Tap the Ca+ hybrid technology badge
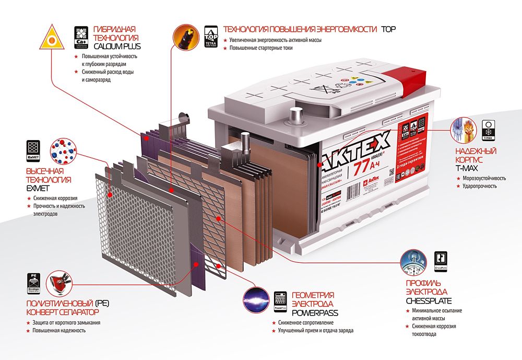81,37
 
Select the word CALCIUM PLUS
117,47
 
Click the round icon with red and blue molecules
63,150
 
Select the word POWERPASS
315,313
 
